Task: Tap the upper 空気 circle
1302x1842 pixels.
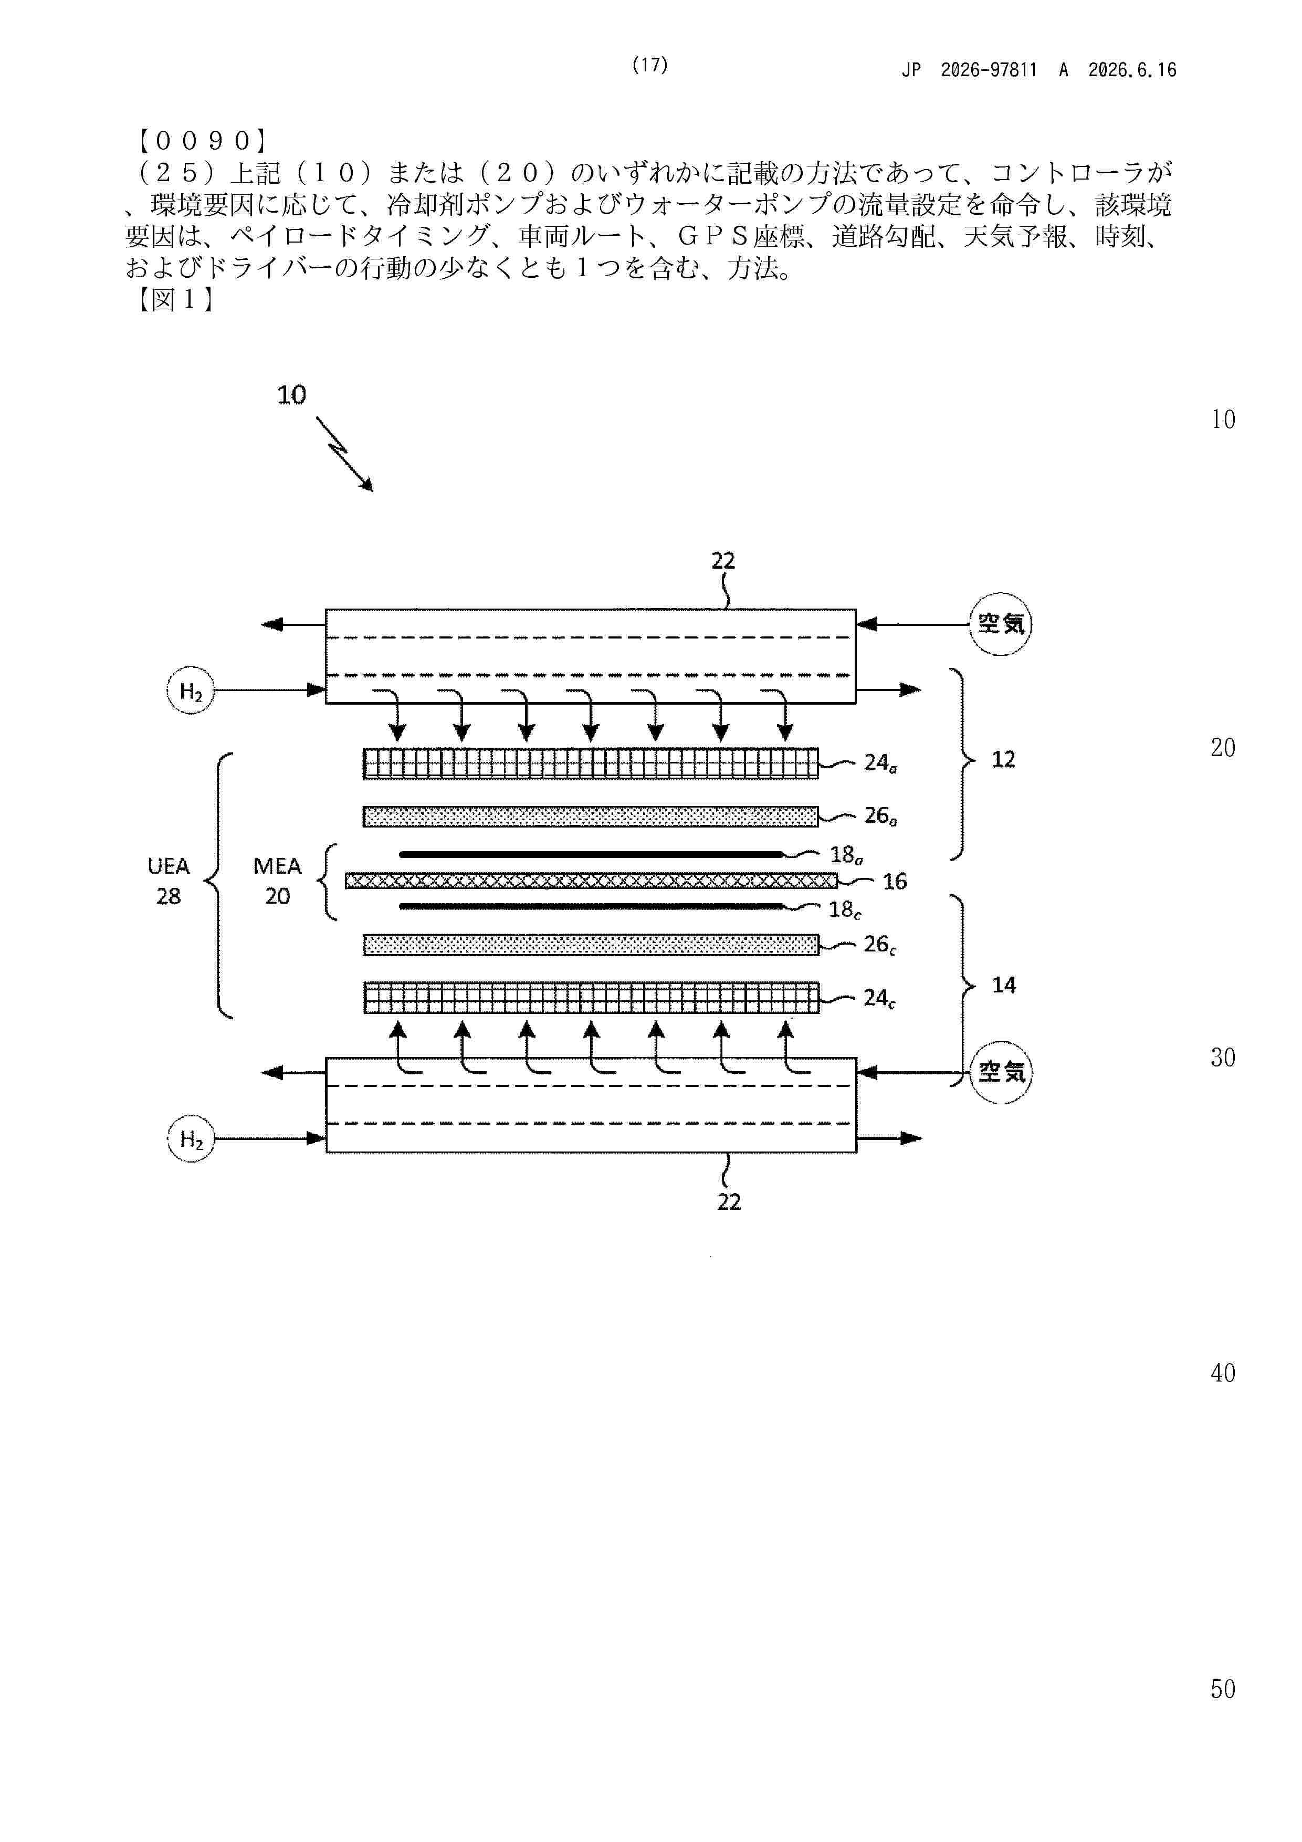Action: click(x=1000, y=623)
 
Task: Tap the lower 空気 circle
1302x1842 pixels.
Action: click(x=1001, y=1072)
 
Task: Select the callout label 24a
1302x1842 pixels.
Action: click(x=880, y=763)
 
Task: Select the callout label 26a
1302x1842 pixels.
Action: click(x=880, y=817)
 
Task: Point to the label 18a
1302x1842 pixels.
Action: click(x=846, y=855)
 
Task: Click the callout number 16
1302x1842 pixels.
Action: click(x=895, y=882)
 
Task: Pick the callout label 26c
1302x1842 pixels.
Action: click(x=879, y=945)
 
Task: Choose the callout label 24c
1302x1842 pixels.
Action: click(x=879, y=999)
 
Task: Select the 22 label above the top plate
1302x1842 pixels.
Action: click(x=723, y=561)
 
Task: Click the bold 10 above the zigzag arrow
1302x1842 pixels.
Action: click(x=291, y=395)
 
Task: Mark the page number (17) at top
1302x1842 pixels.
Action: click(x=650, y=65)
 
